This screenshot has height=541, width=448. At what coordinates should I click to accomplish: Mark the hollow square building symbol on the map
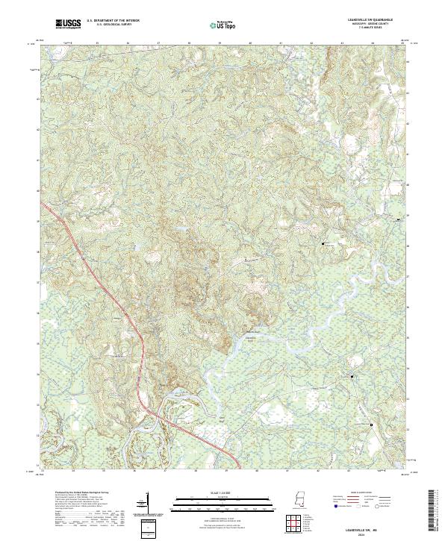pos(372,424)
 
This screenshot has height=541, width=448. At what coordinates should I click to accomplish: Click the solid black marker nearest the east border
pos(397,219)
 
